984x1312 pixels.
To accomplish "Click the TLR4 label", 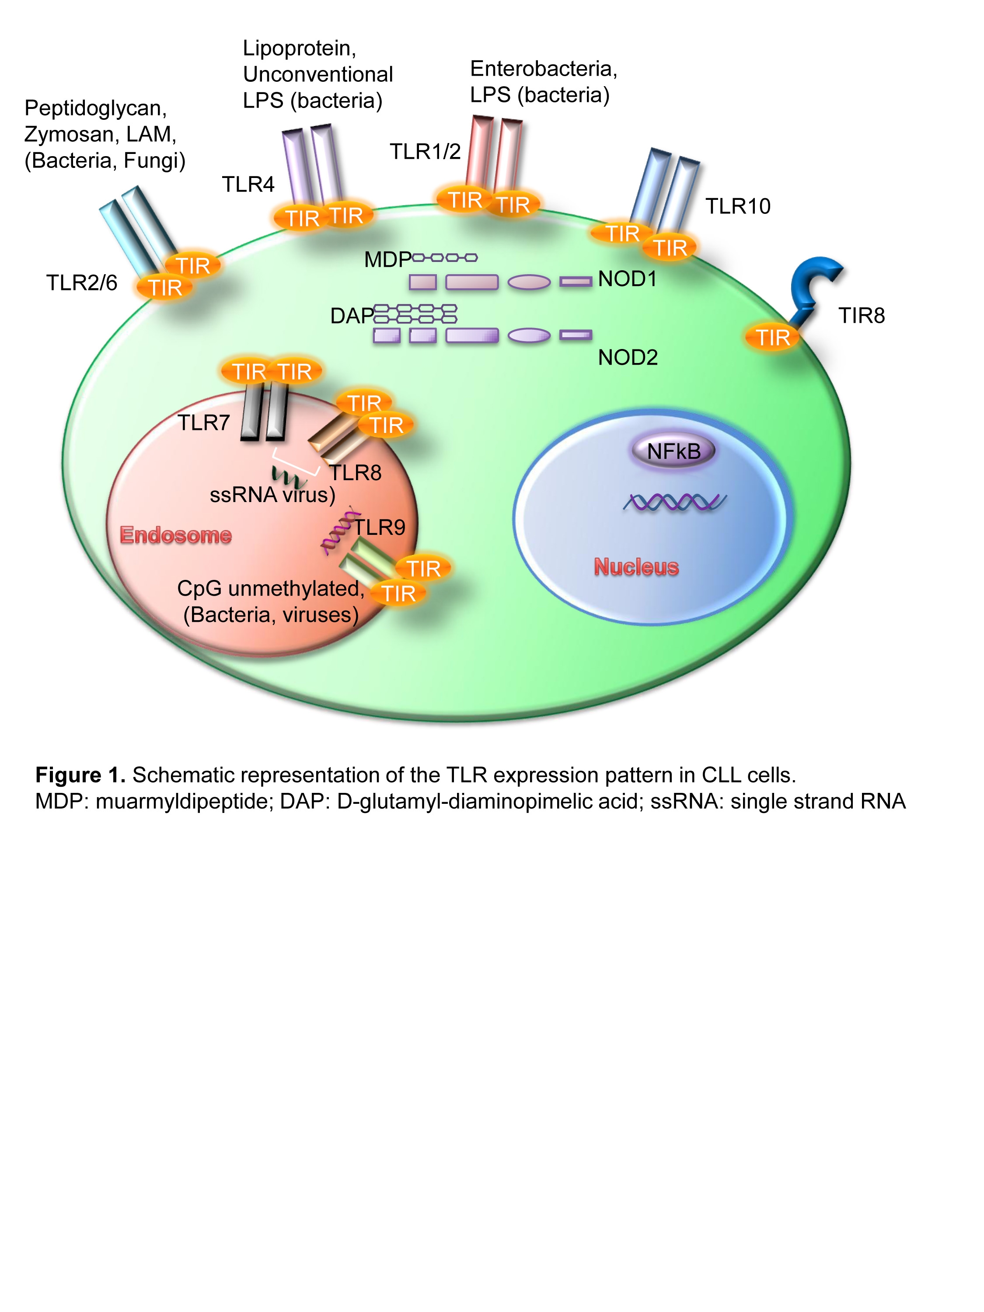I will (248, 185).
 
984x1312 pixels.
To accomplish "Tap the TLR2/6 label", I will (82, 283).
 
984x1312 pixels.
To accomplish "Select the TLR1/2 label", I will (425, 152).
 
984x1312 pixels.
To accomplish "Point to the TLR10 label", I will (737, 206).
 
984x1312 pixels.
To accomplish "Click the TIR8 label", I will (861, 316).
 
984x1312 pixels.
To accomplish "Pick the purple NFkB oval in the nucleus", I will (673, 451).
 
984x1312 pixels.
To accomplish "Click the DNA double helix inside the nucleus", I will (674, 502).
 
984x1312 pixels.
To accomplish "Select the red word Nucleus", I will (636, 567).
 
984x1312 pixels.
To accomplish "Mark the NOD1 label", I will (628, 279).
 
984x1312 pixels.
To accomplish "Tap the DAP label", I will (352, 316).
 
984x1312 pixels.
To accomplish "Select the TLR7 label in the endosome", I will (203, 423).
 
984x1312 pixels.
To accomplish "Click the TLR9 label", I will (380, 527).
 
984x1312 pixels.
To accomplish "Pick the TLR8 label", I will (355, 473).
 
